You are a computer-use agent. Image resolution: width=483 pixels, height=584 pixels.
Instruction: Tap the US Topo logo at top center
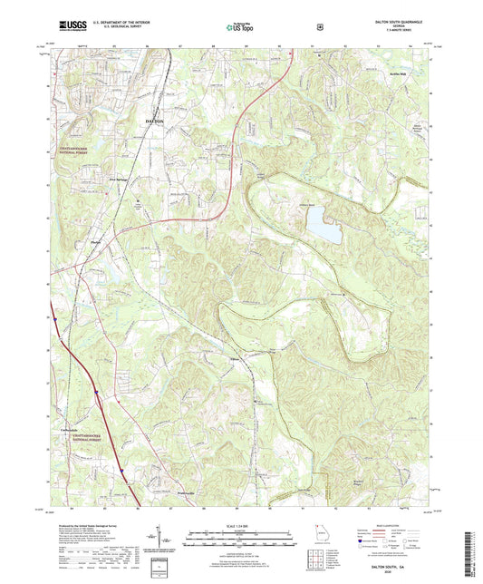[x=240, y=28]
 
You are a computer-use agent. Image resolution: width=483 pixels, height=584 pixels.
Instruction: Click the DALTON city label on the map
[x=156, y=120]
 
